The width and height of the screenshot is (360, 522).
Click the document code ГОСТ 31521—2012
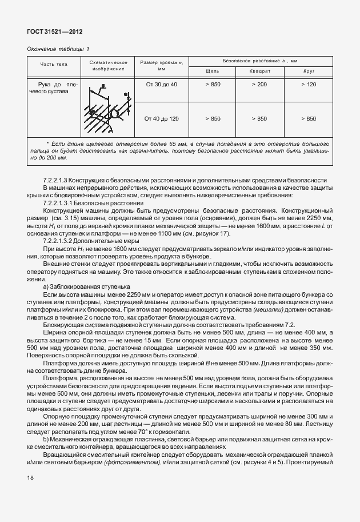click(50, 31)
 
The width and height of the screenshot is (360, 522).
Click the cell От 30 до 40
click(162, 85)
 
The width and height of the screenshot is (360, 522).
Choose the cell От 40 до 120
click(162, 119)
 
